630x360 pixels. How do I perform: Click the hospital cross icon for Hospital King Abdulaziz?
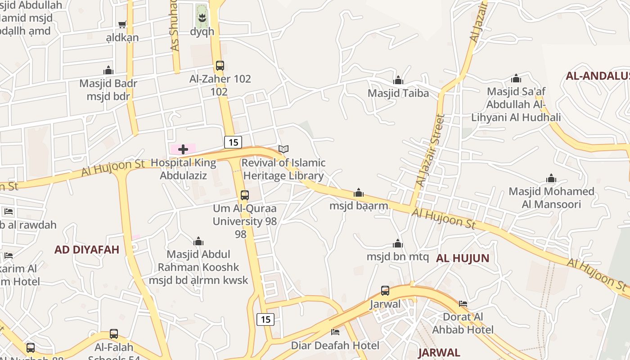tap(183, 149)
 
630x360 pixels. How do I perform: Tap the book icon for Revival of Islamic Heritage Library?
tap(283, 149)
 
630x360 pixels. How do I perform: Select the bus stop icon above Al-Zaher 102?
tap(220, 65)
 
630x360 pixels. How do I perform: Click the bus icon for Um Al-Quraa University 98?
tap(244, 195)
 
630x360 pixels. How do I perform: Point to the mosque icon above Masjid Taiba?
tap(398, 81)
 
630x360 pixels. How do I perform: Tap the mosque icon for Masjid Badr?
tap(108, 71)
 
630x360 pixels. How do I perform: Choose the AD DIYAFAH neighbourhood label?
tap(87, 250)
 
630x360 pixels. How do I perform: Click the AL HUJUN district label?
tap(462, 258)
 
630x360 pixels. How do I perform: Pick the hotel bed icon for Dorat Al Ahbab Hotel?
tap(463, 304)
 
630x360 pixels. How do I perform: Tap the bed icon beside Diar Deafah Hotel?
tap(335, 332)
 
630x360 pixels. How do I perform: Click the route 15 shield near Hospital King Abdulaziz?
tap(233, 142)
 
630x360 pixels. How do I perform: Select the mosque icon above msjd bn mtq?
tap(398, 244)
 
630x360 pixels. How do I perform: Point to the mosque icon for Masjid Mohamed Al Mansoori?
tap(551, 179)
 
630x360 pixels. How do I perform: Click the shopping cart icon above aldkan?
tap(122, 24)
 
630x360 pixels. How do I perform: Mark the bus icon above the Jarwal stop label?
tap(385, 291)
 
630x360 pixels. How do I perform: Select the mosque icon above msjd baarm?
tap(359, 193)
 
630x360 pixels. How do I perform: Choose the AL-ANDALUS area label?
tap(597, 76)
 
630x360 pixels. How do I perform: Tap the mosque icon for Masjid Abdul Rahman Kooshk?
tap(198, 242)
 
